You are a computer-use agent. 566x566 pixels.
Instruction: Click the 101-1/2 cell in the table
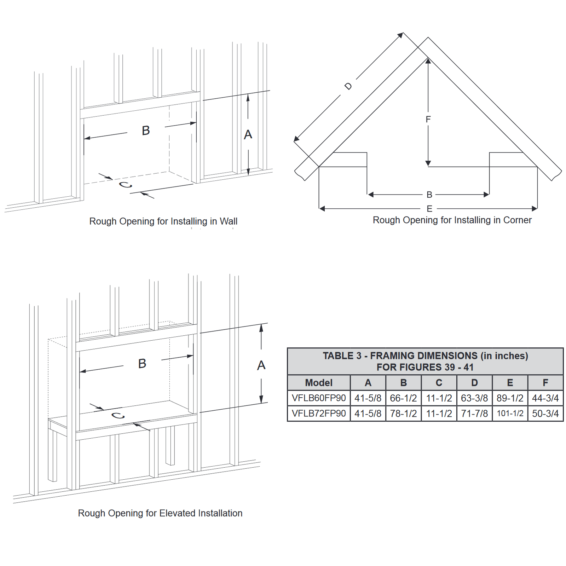[510, 413]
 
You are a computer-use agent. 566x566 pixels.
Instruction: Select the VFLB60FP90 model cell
[319, 398]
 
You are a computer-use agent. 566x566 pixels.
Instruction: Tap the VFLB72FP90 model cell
[319, 413]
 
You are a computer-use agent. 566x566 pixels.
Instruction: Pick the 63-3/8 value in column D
[474, 398]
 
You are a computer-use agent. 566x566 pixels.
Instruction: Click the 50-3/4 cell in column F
[545, 413]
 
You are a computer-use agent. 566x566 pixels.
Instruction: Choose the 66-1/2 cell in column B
[403, 398]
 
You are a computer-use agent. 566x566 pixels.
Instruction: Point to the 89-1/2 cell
[510, 398]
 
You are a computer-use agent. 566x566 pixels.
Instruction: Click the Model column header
[319, 382]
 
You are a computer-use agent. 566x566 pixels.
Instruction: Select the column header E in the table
[510, 382]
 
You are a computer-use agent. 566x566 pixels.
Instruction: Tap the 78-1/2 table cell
[403, 413]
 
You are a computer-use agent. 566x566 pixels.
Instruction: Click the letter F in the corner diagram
[428, 120]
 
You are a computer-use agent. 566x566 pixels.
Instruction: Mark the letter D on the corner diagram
[348, 86]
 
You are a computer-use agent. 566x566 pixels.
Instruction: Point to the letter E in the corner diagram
[429, 209]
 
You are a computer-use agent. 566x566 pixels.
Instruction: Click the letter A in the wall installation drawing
[248, 134]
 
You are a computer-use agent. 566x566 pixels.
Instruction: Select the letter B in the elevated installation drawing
[142, 363]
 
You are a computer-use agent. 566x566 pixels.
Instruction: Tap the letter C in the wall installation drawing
[125, 185]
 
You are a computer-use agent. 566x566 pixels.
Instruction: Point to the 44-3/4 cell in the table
[545, 398]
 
